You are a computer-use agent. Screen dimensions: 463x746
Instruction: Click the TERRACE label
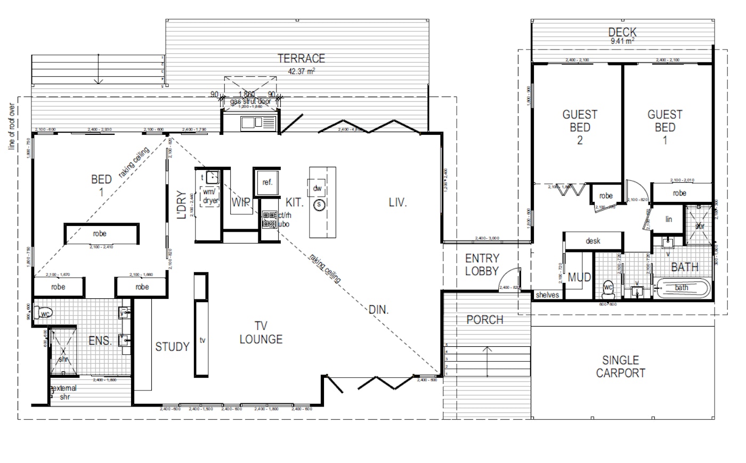coord(301,58)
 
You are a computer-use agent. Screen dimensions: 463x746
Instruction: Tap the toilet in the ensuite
coord(43,312)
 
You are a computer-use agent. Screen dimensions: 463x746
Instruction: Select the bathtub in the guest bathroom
coord(683,288)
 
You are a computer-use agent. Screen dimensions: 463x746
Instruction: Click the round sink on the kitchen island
coord(319,205)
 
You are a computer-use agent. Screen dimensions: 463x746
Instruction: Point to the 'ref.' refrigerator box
coord(267,182)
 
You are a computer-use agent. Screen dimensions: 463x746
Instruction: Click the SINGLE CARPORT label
coord(620,367)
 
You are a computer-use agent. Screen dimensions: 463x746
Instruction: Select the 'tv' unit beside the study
coord(202,339)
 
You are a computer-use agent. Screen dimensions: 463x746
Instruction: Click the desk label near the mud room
coord(593,241)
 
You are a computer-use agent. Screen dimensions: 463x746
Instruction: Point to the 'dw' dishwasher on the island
coord(318,188)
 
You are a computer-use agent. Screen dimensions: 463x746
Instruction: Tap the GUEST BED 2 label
coord(580,127)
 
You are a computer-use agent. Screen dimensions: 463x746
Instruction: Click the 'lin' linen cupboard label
coord(669,219)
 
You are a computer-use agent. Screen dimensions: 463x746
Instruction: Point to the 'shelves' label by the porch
coord(547,295)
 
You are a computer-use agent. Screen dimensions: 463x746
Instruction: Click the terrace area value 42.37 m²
coord(301,71)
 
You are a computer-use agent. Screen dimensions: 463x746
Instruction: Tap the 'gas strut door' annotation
coord(250,101)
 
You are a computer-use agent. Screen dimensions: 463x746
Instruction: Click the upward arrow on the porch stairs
coord(486,360)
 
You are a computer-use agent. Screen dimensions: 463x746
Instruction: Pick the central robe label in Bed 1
coord(100,233)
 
